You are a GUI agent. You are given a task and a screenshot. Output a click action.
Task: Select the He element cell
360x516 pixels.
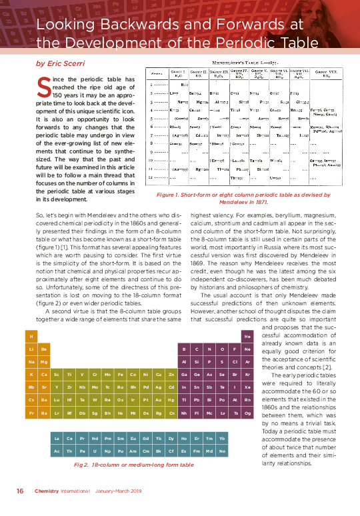point(247,336)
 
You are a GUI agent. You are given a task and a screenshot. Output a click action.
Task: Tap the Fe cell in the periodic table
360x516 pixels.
point(120,375)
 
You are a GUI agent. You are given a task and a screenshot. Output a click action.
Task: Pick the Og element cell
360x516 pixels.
point(247,413)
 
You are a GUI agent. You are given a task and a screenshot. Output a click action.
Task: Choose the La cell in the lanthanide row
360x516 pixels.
point(57,438)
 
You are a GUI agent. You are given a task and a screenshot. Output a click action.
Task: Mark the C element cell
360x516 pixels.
point(197,349)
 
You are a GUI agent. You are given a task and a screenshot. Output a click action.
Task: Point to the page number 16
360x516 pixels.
point(21,491)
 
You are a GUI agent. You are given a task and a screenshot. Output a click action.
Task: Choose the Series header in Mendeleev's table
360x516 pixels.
point(158,72)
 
